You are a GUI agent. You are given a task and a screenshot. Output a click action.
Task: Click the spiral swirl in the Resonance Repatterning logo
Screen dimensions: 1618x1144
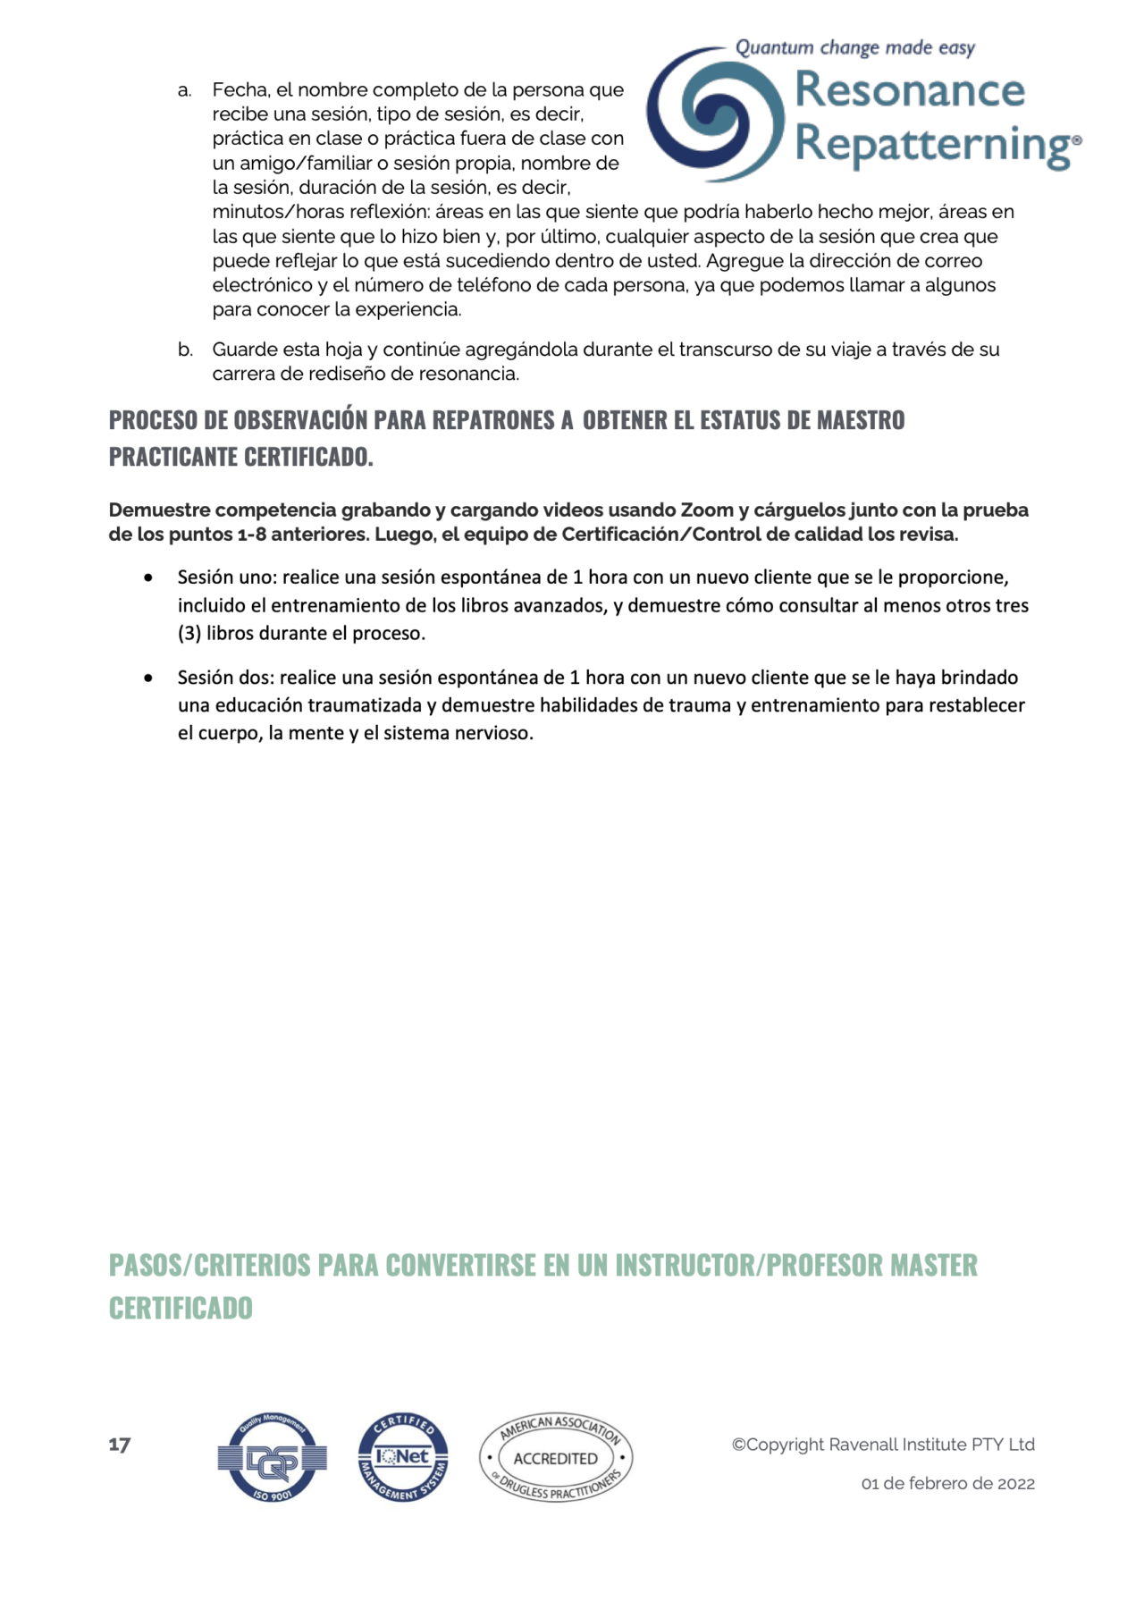point(715,114)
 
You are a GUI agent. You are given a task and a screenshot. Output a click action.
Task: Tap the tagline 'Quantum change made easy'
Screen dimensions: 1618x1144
point(854,47)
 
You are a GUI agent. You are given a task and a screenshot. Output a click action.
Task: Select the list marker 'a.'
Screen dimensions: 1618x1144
point(185,90)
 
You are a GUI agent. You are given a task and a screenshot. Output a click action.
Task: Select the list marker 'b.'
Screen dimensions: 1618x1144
point(185,350)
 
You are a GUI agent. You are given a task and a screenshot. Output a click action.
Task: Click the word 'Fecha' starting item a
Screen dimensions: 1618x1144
point(240,90)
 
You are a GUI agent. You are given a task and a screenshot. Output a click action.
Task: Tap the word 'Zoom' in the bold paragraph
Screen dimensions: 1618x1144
point(707,510)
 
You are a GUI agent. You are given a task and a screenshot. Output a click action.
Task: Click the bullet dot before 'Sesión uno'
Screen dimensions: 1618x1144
point(148,577)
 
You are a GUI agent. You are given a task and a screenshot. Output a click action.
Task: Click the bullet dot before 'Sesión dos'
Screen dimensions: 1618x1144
point(148,678)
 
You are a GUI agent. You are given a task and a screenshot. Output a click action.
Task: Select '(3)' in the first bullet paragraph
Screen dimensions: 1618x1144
point(189,634)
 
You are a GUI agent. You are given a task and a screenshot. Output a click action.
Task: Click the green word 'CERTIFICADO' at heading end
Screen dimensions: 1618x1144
point(181,1309)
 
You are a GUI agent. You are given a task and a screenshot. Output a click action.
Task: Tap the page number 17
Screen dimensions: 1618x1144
point(120,1445)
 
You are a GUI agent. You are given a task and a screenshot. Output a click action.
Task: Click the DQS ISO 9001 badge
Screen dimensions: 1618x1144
point(273,1458)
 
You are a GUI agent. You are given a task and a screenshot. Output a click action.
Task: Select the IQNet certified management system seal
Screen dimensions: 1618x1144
point(403,1458)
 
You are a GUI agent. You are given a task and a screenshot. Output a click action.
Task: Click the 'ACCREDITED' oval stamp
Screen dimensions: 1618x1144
point(556,1458)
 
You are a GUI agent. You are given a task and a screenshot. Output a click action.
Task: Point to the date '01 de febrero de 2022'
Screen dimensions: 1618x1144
point(947,1484)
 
